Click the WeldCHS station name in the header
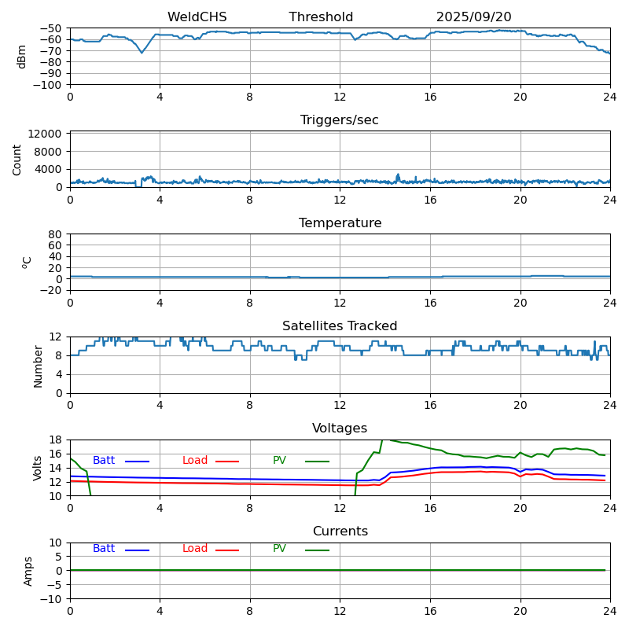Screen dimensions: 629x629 197,17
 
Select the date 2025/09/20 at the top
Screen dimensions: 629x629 473,17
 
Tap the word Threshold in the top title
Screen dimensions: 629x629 321,17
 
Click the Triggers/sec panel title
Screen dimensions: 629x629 340,120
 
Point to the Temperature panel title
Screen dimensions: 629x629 340,223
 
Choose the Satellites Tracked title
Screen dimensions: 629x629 340,326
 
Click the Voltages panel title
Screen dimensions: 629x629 340,429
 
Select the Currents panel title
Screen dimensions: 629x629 340,532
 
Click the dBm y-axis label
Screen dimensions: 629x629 22,57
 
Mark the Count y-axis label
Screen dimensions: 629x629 18,159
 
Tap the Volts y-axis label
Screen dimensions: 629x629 38,468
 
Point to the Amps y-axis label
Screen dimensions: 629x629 29,571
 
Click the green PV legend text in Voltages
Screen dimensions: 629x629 279,461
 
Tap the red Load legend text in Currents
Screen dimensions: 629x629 195,549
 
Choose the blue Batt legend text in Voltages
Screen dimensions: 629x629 104,461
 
